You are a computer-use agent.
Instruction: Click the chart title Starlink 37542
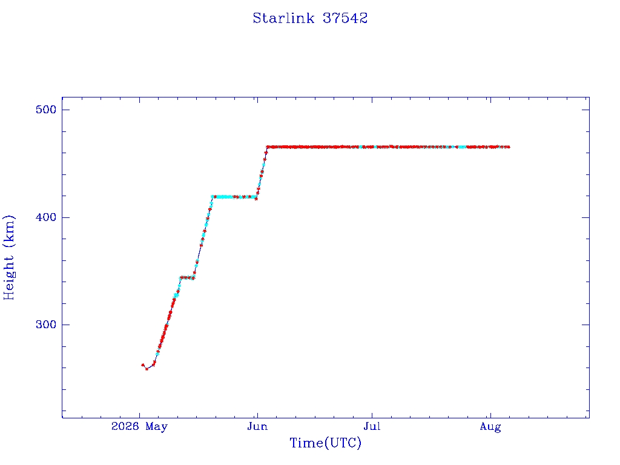pyautogui.click(x=310, y=18)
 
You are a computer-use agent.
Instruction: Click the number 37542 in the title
pyautogui.click(x=345, y=18)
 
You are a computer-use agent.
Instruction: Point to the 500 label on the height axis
pyautogui.click(x=46, y=110)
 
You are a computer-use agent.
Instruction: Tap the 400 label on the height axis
pyautogui.click(x=46, y=217)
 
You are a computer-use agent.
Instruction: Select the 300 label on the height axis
pyautogui.click(x=46, y=325)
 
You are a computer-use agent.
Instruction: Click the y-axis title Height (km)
pyautogui.click(x=9, y=257)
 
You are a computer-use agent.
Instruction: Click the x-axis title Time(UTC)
pyautogui.click(x=325, y=443)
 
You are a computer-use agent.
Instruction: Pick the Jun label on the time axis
pyautogui.click(x=257, y=427)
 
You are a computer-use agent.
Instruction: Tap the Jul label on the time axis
pyautogui.click(x=372, y=427)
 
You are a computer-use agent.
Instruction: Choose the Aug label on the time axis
pyautogui.click(x=490, y=427)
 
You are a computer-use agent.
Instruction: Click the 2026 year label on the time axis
pyautogui.click(x=125, y=426)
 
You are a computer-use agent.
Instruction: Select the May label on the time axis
pyautogui.click(x=157, y=427)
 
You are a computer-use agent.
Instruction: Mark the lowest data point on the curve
pyautogui.click(x=147, y=369)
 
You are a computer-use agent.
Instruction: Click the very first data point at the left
pyautogui.click(x=143, y=365)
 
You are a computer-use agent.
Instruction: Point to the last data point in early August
pyautogui.click(x=509, y=147)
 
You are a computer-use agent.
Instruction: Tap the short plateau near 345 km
pyautogui.click(x=187, y=277)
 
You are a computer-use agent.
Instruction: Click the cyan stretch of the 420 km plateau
pyautogui.click(x=223, y=197)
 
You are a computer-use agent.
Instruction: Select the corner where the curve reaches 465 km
pyautogui.click(x=267, y=147)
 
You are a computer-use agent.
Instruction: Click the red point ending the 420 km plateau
pyautogui.click(x=256, y=199)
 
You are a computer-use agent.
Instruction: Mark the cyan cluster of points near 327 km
pyautogui.click(x=176, y=295)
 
